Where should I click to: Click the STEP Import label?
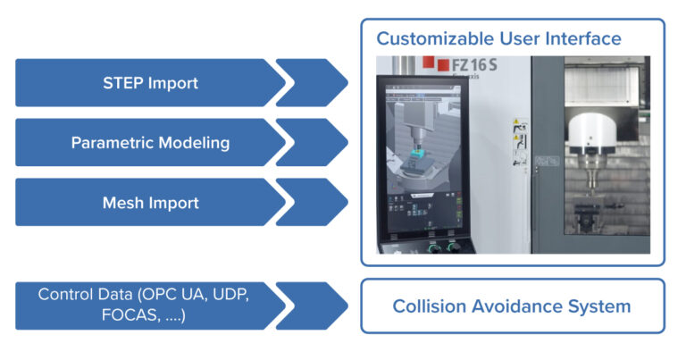pos(150,84)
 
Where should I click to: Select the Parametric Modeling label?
pos(150,143)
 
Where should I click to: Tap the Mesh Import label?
pos(150,203)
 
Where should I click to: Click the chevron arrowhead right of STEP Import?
pos(313,83)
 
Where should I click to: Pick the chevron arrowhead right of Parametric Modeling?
pos(313,143)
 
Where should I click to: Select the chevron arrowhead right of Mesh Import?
pos(313,202)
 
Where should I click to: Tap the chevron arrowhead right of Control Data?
pos(313,306)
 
